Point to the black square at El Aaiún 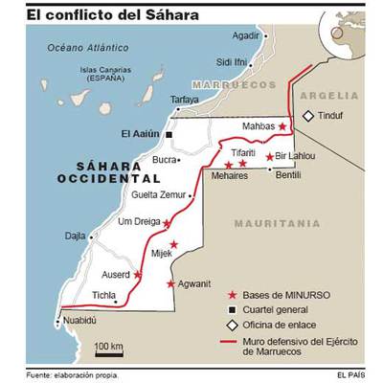tap(169, 135)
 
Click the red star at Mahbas tap(282, 125)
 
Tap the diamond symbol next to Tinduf tap(308, 116)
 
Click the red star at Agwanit tap(171, 283)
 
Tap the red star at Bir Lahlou tap(270, 156)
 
